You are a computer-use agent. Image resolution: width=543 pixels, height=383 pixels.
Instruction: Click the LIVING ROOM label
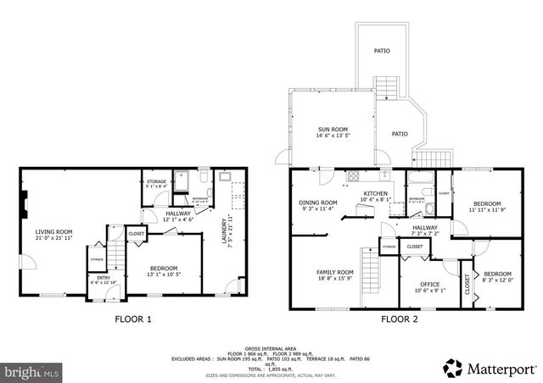click(x=53, y=231)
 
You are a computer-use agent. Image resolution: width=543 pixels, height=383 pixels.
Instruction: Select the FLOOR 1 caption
click(x=132, y=319)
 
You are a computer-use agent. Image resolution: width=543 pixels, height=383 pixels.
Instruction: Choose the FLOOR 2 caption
click(x=399, y=319)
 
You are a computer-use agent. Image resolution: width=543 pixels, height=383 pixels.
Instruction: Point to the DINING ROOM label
click(x=318, y=203)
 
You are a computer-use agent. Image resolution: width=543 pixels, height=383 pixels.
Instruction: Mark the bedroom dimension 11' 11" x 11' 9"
click(x=487, y=210)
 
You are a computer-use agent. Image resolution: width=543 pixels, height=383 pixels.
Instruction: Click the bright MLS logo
click(x=32, y=370)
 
